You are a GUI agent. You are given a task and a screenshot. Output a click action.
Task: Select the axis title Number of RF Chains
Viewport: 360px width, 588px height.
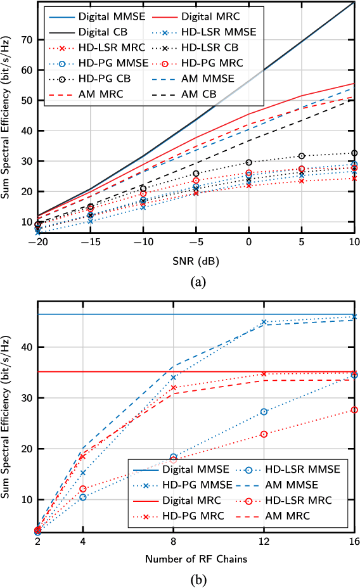pos(195,559)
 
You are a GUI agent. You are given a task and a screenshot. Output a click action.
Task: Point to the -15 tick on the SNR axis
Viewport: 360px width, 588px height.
pos(91,242)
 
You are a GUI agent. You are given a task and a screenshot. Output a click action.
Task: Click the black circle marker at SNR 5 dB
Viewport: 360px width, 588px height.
pos(302,156)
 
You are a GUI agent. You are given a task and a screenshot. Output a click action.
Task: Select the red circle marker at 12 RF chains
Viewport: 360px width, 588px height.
pos(264,434)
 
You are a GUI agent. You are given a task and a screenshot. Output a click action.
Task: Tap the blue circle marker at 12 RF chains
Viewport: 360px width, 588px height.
pos(264,412)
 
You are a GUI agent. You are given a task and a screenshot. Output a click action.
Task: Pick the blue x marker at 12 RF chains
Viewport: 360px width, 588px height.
pos(264,322)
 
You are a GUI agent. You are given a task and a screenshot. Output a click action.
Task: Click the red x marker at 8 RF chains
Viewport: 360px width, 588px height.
pos(173,387)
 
